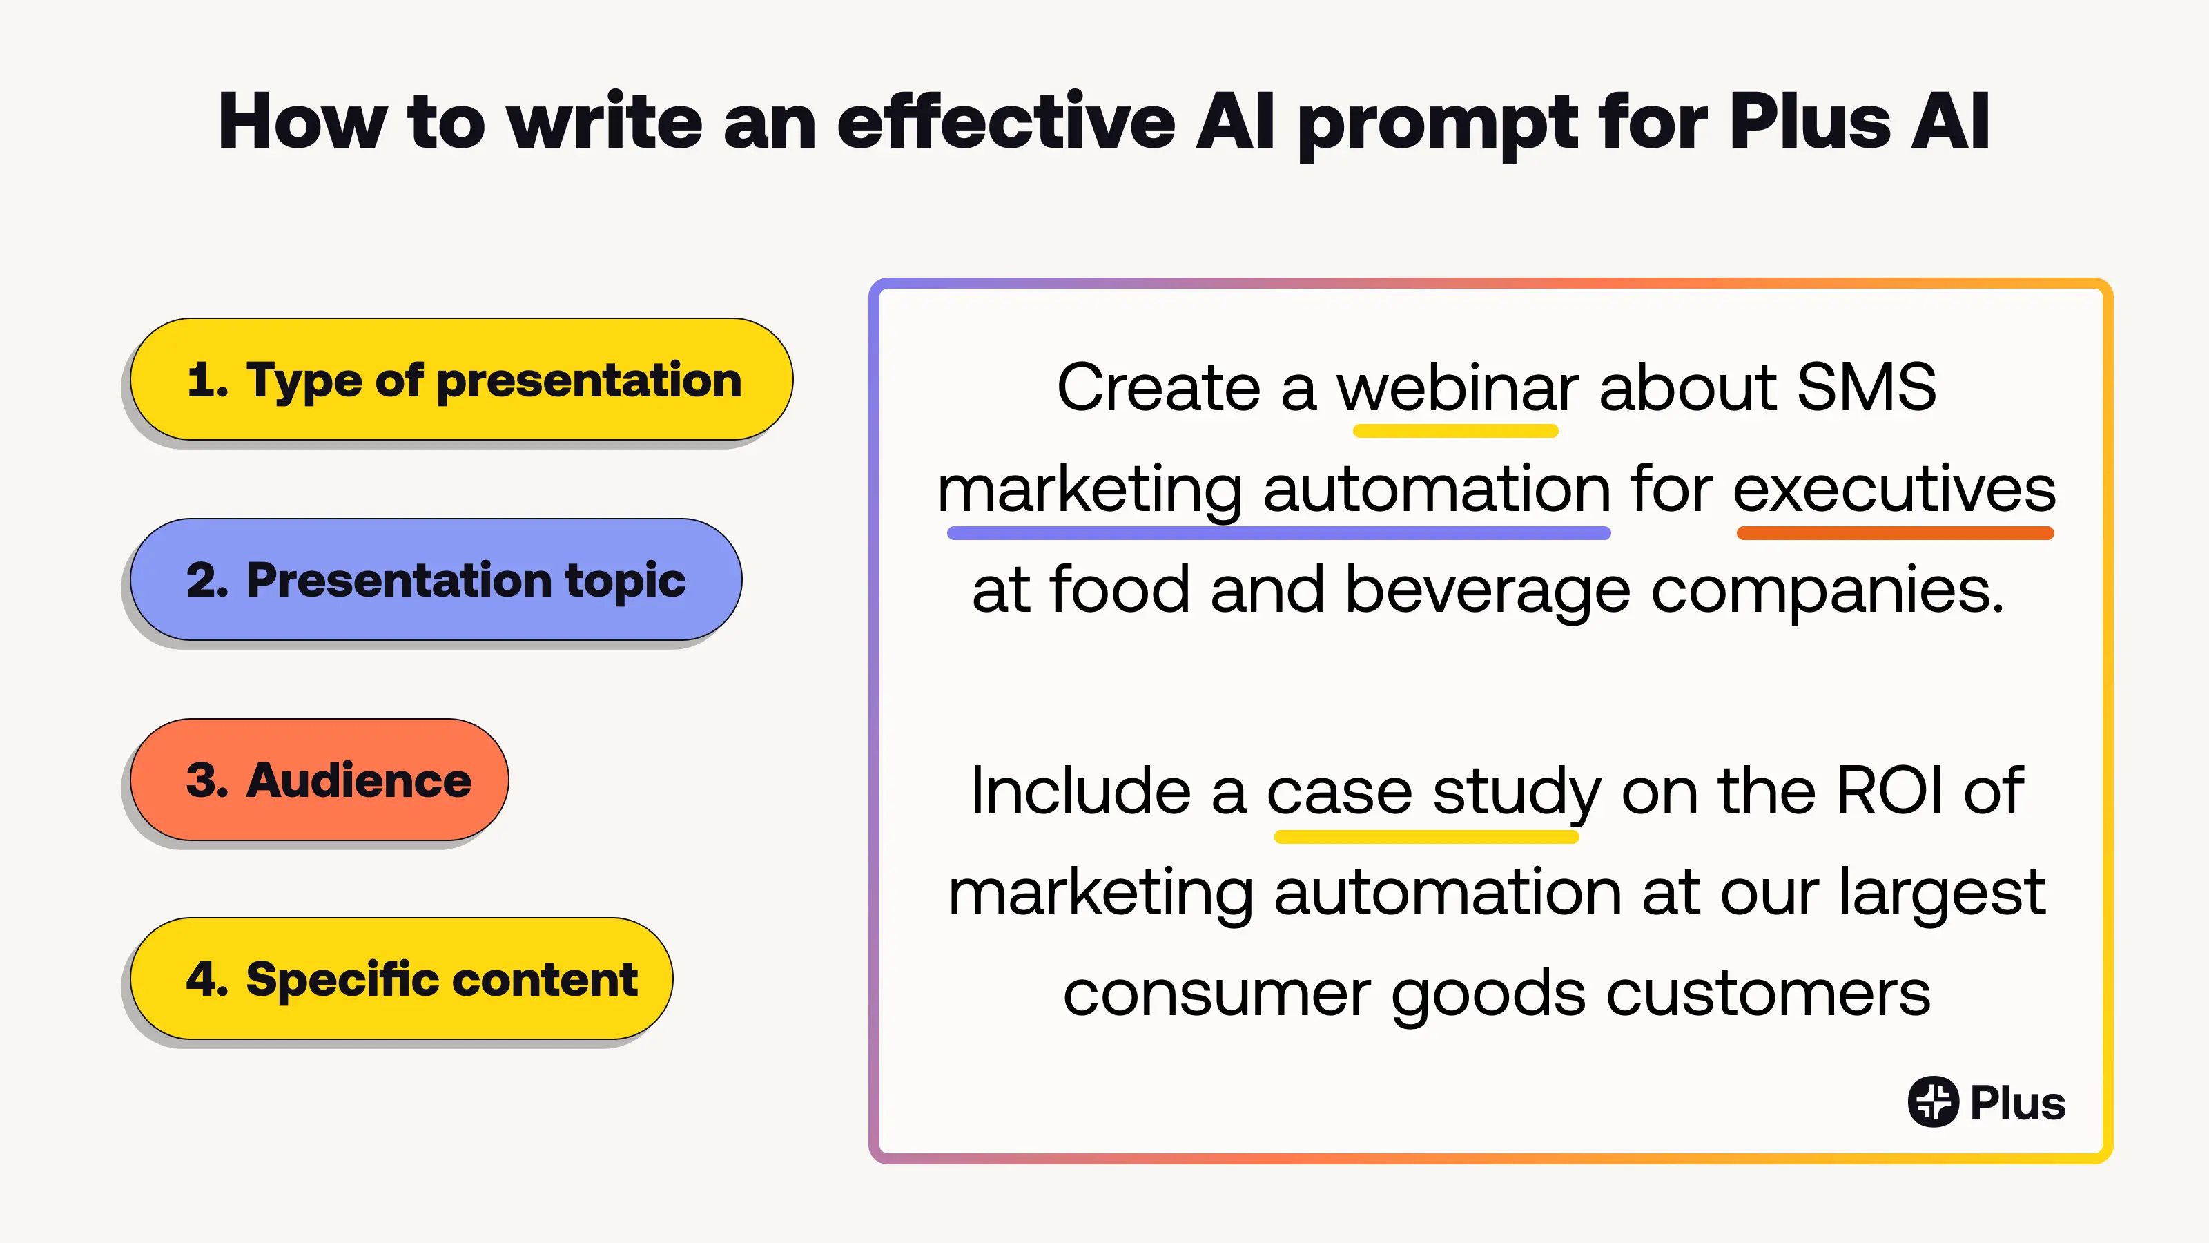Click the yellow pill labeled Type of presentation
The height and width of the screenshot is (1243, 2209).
pos(461,379)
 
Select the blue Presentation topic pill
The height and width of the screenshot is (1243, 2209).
pos(436,579)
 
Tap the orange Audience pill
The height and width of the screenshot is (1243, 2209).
pos(319,779)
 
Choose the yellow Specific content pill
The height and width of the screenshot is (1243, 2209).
pos(401,979)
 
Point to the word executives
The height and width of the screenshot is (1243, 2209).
pos(1894,488)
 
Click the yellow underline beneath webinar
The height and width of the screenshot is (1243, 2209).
pos(1455,432)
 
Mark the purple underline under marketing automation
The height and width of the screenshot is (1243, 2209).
pos(1278,534)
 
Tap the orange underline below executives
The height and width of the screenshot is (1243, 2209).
pos(1895,534)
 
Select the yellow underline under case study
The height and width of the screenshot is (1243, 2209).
pos(1426,837)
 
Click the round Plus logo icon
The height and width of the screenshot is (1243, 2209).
pos(1933,1101)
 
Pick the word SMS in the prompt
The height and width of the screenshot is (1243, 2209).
pos(1866,387)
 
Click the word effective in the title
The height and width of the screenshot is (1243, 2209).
pos(1006,121)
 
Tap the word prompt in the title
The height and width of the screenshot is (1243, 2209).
pos(1437,125)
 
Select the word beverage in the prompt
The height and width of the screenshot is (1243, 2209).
pos(1488,591)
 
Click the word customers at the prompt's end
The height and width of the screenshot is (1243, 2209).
pos(1768,992)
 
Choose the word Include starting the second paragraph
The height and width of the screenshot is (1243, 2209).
pos(1080,790)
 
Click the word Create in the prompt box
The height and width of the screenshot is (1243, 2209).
pos(1158,387)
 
